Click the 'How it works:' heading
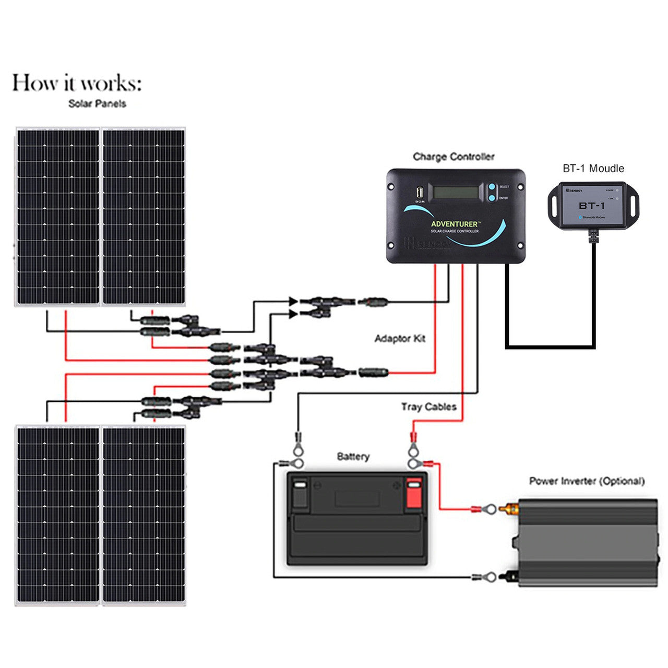(x=77, y=83)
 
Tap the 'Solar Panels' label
(x=97, y=103)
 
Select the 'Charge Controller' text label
(x=453, y=157)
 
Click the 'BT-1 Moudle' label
(x=593, y=168)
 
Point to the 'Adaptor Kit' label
(x=400, y=339)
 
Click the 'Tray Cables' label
(x=428, y=407)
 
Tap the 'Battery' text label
(x=353, y=457)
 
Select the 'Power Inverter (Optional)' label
(x=587, y=481)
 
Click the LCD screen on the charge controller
(x=456, y=192)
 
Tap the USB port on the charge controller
(x=420, y=193)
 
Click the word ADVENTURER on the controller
(x=454, y=224)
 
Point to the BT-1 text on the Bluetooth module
(x=591, y=206)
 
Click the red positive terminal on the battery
(x=413, y=493)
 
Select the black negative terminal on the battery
(x=300, y=493)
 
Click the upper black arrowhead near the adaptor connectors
(x=293, y=301)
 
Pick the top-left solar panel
(x=57, y=217)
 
